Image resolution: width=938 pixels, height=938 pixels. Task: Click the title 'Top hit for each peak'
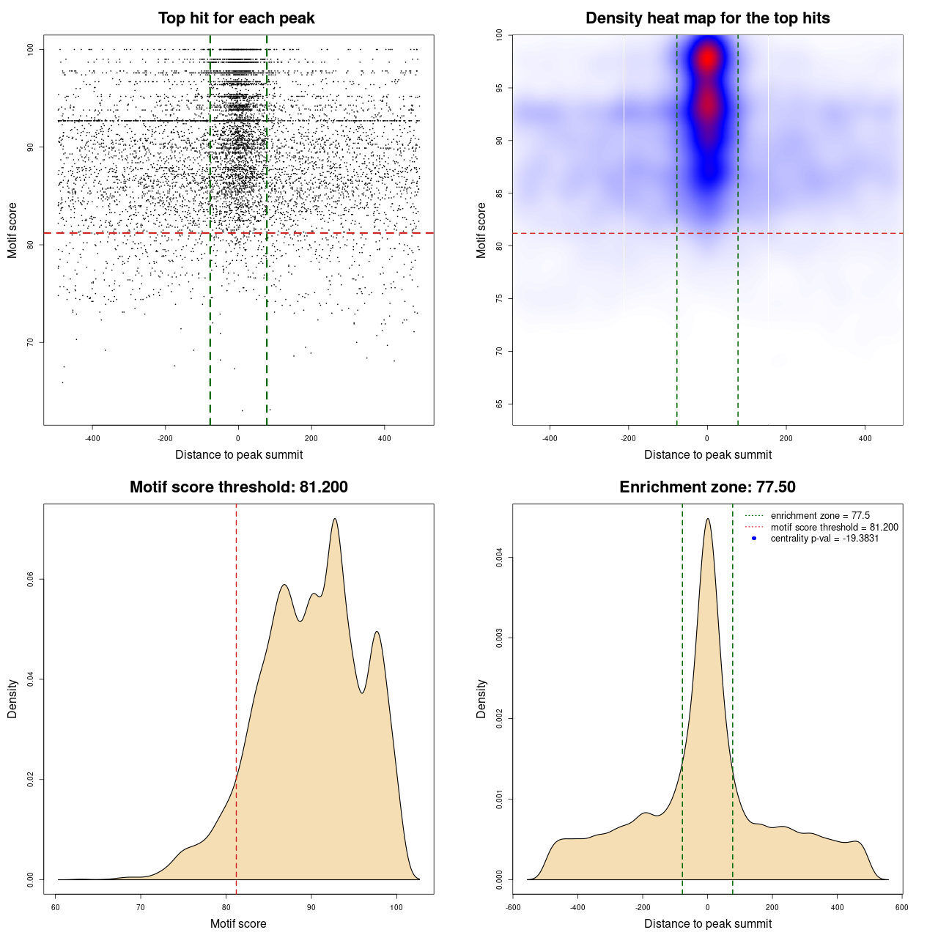click(236, 18)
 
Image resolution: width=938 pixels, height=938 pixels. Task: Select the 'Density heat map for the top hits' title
click(707, 18)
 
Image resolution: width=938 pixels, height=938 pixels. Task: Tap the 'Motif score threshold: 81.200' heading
click(238, 487)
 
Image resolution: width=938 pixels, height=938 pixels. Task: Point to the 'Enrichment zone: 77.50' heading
click(707, 487)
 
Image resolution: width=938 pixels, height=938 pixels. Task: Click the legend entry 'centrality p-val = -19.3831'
click(824, 539)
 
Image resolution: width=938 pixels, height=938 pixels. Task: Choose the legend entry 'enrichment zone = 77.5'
click(820, 516)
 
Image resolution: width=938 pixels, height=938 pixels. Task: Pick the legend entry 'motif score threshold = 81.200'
click(834, 528)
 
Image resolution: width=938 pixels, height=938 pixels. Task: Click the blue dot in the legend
click(754, 539)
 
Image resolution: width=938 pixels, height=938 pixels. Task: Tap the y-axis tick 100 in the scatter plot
click(31, 50)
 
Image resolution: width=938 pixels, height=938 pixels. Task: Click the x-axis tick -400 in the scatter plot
click(92, 438)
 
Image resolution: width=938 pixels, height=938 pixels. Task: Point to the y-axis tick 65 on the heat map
click(499, 404)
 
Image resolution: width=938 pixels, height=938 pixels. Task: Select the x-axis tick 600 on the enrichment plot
click(901, 907)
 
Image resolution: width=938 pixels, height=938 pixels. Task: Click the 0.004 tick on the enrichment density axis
click(499, 558)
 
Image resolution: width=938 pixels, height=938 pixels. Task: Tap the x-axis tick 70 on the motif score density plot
click(141, 907)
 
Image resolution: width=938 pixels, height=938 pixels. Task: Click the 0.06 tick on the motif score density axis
click(31, 580)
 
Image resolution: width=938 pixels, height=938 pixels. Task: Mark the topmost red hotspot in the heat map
click(707, 59)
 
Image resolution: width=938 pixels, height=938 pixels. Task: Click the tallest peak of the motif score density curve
click(335, 519)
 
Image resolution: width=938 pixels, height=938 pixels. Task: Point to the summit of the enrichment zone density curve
click(707, 519)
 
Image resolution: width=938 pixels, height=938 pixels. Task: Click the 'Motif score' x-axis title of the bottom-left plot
click(238, 923)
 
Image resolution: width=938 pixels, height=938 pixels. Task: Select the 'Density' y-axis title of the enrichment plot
click(481, 698)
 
